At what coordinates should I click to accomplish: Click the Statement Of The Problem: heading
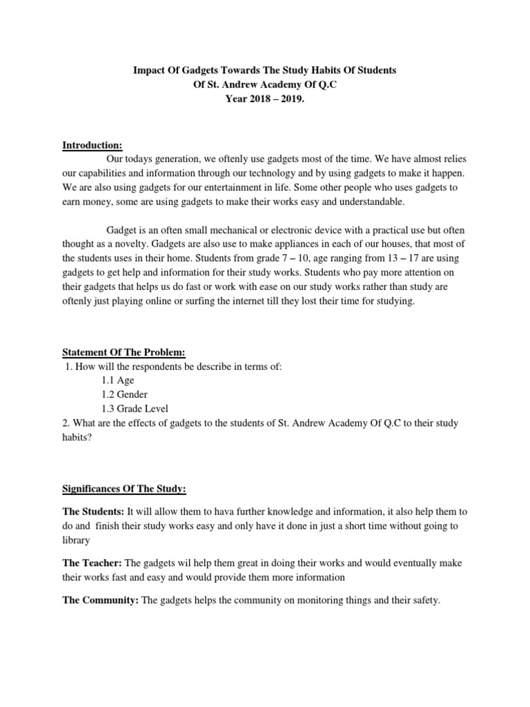pos(124,353)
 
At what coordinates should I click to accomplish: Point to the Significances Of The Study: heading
pos(124,490)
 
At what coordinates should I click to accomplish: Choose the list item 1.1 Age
pos(117,380)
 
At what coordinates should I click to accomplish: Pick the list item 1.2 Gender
pos(125,394)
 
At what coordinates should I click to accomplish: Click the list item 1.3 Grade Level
pos(135,408)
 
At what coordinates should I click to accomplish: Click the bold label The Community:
pos(101,601)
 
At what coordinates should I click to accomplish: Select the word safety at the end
pos(424,601)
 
